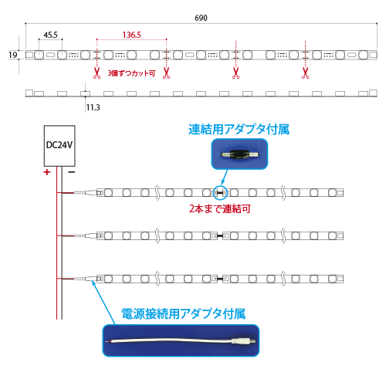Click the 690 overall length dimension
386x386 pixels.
tap(201, 18)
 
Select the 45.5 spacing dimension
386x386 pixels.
tap(50, 35)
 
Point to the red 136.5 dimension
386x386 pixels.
tap(131, 35)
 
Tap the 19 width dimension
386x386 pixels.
tap(12, 55)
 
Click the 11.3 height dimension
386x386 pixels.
tap(93, 107)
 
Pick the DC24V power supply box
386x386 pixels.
tap(59, 146)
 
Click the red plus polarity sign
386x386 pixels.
tap(47, 172)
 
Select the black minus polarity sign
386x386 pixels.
tap(71, 172)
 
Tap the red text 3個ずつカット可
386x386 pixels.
tap(131, 73)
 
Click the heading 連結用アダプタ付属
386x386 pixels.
tap(239, 129)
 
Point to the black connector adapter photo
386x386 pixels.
tap(239, 154)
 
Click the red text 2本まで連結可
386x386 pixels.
tap(220, 208)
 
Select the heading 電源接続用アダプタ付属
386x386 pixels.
tap(184, 313)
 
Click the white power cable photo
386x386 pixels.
tap(181, 340)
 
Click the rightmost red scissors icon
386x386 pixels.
tap(306, 73)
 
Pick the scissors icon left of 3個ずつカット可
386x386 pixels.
tap(96, 73)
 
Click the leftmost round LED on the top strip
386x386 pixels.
tap(39, 55)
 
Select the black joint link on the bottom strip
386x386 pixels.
tap(220, 279)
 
